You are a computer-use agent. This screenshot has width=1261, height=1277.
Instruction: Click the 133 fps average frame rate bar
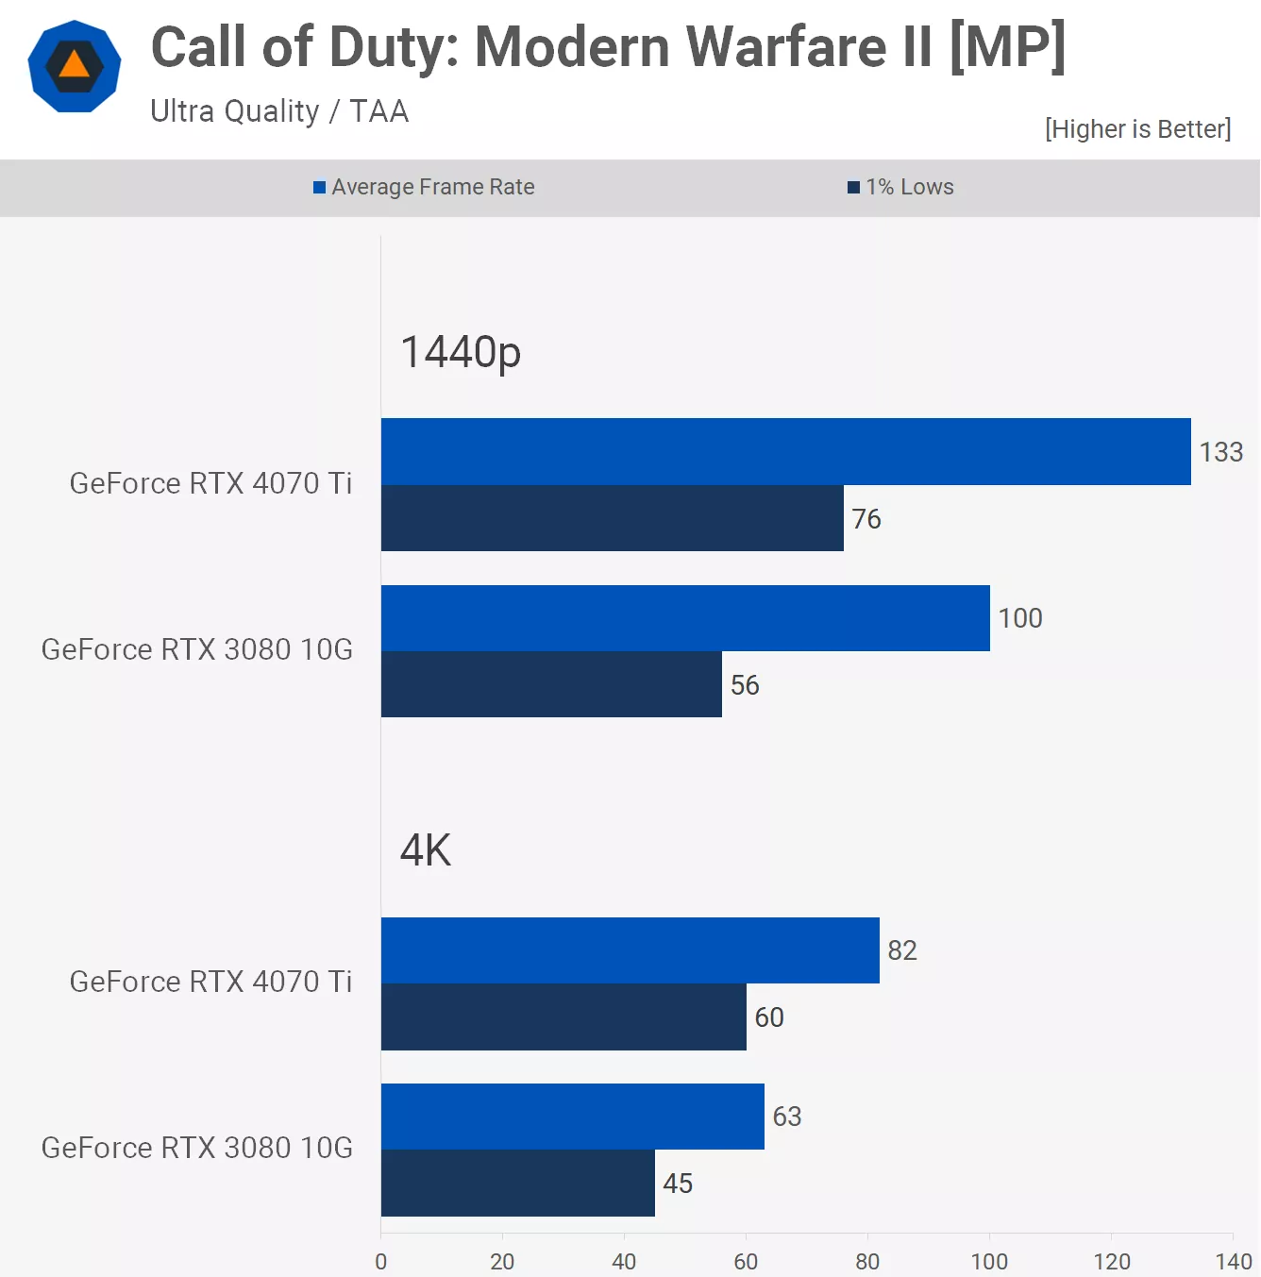tap(785, 452)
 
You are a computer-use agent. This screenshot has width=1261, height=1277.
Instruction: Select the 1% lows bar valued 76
tap(612, 518)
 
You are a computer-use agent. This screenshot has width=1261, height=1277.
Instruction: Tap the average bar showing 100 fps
tap(685, 618)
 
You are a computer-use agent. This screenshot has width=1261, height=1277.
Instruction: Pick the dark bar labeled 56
tap(551, 684)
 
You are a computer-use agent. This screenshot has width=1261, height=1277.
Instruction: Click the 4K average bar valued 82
tap(630, 950)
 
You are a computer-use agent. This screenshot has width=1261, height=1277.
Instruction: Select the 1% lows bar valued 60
tap(563, 1017)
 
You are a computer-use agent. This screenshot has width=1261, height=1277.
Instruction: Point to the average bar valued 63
tap(572, 1117)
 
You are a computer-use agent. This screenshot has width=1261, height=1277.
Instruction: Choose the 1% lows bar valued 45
tap(517, 1184)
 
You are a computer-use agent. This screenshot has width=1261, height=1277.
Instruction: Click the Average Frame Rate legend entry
tap(425, 187)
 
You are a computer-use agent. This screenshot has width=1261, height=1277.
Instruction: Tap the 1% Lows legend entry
tap(901, 187)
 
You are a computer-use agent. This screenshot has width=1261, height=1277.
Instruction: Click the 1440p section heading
tap(461, 352)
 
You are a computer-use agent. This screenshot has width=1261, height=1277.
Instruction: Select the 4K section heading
tap(426, 850)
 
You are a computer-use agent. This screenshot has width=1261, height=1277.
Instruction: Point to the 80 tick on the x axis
tap(867, 1261)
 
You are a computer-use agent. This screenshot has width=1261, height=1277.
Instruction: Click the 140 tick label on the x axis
tap(1233, 1261)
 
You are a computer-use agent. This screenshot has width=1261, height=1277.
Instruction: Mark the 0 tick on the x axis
tap(380, 1261)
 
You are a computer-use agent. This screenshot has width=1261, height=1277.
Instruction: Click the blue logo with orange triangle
tap(75, 66)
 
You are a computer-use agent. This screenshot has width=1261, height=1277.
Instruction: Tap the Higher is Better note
tap(1137, 129)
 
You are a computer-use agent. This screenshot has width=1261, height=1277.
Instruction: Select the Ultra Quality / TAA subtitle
tap(279, 111)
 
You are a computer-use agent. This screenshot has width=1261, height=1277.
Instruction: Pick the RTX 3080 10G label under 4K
tap(197, 1148)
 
